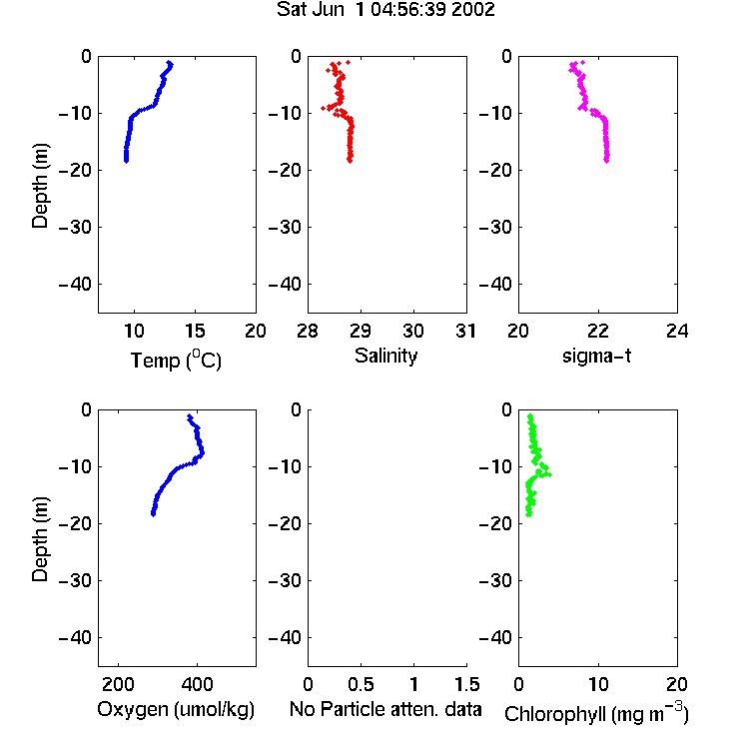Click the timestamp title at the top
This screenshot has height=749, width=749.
tap(385, 10)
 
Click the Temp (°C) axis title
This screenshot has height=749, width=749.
tap(176, 360)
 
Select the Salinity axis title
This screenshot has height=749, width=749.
tap(385, 356)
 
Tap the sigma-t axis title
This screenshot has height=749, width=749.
tap(596, 356)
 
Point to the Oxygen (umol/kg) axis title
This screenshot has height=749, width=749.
tap(176, 709)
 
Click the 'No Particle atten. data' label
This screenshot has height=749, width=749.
tap(385, 709)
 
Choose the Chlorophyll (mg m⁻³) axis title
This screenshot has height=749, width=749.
tap(596, 713)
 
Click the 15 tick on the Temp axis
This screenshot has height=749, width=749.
tap(195, 331)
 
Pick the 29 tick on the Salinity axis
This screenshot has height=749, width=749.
tap(361, 331)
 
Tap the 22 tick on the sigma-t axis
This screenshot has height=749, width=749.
tap(597, 331)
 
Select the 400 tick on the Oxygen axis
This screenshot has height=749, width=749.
tap(198, 684)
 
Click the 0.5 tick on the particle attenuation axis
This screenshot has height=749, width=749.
tap(361, 684)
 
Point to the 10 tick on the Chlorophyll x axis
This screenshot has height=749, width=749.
tap(598, 684)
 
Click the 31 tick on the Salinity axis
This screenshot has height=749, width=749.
tap(465, 331)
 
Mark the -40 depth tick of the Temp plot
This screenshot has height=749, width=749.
tap(75, 285)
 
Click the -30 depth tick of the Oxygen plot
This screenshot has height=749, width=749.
tap(75, 580)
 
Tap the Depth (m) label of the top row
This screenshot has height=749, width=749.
tap(40, 186)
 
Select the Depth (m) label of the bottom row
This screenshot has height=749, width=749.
tap(40, 539)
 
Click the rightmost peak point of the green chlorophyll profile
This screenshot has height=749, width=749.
tap(549, 474)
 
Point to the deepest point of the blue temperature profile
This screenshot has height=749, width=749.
tap(126, 161)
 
